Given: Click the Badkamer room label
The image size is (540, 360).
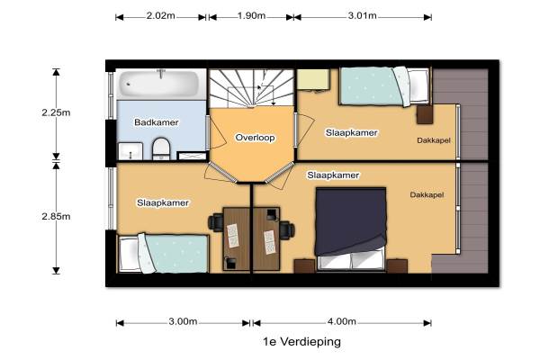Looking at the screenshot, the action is click(157, 122).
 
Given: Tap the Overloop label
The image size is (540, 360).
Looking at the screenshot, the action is click(256, 138).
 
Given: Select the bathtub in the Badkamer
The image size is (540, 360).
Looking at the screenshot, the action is click(159, 85).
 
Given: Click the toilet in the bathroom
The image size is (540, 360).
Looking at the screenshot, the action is click(161, 148).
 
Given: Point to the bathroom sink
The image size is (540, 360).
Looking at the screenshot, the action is click(130, 151).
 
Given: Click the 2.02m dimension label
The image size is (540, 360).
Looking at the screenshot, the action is click(160, 16).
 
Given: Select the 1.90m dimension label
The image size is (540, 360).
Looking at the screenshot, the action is click(251, 16).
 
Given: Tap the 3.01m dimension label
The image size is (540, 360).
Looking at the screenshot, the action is click(362, 16).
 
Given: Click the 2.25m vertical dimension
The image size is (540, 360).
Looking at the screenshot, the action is click(56, 112).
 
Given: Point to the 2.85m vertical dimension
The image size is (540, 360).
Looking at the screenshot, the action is click(56, 216).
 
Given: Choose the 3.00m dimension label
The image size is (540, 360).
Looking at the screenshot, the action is click(183, 322).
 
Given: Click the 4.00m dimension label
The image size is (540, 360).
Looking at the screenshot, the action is click(342, 322).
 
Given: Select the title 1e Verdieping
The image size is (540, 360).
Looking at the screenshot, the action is click(302, 342).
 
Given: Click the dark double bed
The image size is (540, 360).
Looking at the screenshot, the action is click(351, 229).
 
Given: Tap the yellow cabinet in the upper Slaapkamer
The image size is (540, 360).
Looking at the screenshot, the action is click(313, 79).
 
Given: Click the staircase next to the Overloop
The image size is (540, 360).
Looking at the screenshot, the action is click(252, 88).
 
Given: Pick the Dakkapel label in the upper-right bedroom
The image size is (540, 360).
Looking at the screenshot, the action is click(434, 140).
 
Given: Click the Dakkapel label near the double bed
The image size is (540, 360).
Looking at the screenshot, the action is click(427, 195).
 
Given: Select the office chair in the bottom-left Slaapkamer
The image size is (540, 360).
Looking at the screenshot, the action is click(216, 222).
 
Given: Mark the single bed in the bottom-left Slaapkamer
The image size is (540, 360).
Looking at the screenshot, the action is click(163, 254).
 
